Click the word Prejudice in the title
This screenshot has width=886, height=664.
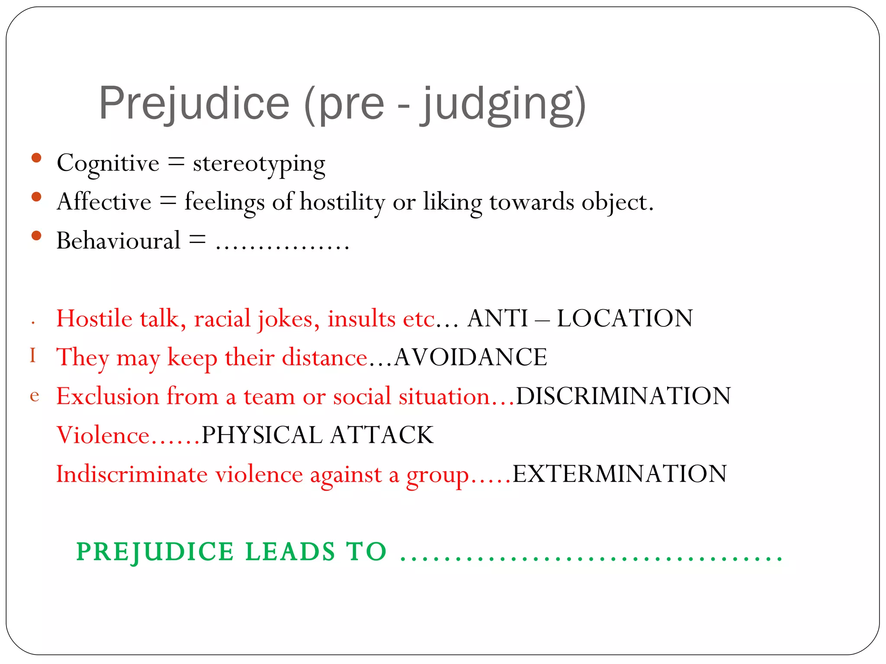[194, 104]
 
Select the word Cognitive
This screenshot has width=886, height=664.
[108, 163]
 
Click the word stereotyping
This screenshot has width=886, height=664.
[259, 164]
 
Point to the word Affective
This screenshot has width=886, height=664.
[104, 202]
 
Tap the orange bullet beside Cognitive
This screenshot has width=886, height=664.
[36, 158]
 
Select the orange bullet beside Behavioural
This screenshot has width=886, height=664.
[36, 236]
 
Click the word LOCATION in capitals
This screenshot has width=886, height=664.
[625, 319]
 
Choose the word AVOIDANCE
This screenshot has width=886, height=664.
[471, 358]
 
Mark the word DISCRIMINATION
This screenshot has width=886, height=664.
[623, 396]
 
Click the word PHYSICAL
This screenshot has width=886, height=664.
[262, 435]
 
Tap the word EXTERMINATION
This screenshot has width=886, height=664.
[620, 474]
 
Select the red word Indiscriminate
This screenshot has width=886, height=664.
[132, 474]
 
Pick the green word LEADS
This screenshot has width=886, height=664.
[290, 552]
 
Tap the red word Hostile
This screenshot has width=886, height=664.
[94, 319]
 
